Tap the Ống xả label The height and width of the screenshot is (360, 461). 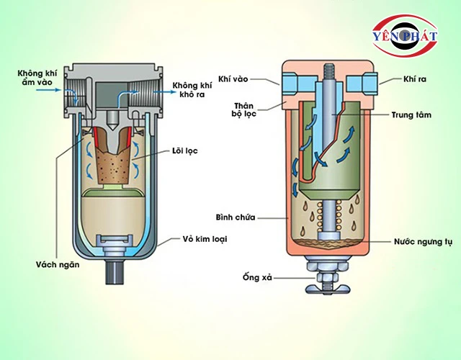(x=253, y=276)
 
